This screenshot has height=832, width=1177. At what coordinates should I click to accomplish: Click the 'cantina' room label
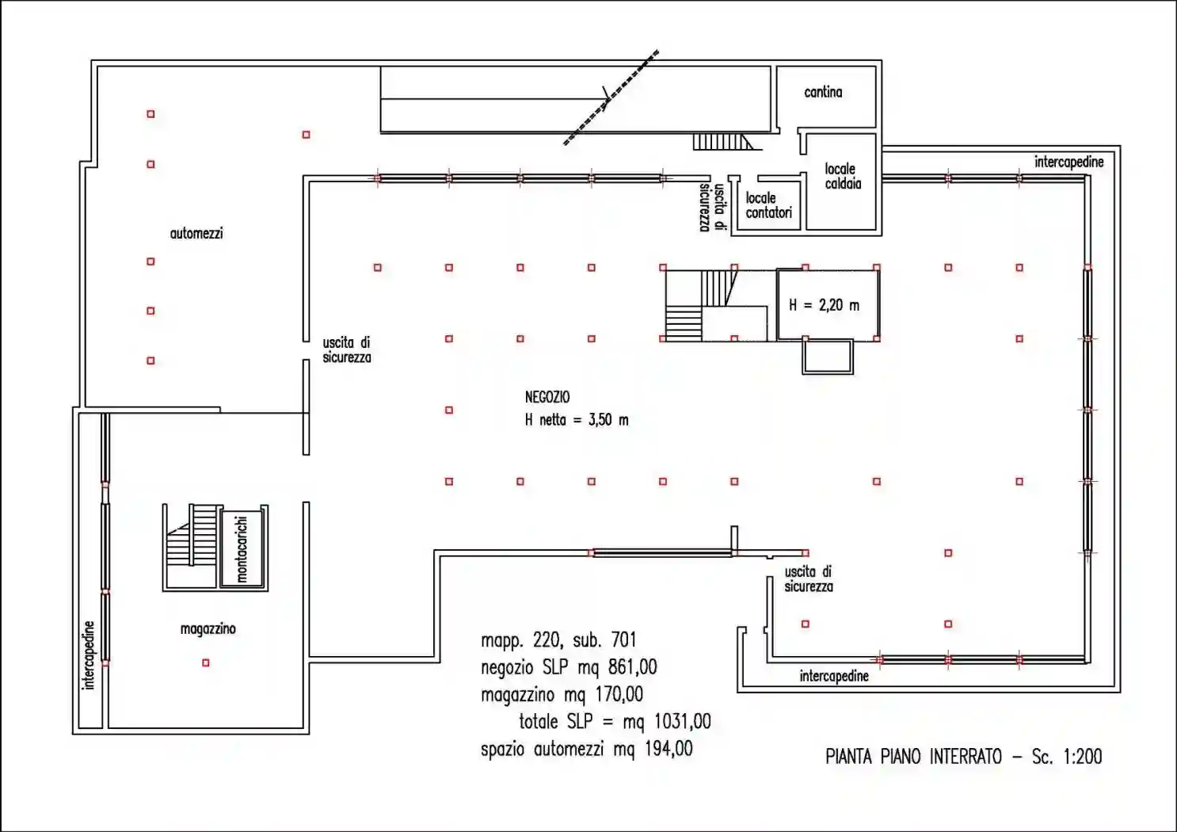(x=823, y=93)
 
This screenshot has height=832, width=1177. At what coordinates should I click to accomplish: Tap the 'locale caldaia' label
(x=842, y=176)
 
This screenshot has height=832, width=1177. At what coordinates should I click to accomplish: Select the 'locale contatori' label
(x=768, y=205)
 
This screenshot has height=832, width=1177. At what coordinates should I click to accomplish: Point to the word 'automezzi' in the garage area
(x=196, y=234)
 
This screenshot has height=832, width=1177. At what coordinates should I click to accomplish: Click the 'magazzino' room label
(x=208, y=629)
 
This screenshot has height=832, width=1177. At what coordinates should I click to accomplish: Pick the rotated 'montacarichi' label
(x=242, y=549)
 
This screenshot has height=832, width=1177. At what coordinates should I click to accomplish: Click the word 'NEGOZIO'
(x=547, y=397)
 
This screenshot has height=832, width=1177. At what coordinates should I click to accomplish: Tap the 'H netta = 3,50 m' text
(x=577, y=420)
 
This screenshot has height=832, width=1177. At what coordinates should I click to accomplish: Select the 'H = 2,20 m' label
(x=824, y=305)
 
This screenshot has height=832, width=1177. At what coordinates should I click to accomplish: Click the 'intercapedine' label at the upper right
(x=1068, y=162)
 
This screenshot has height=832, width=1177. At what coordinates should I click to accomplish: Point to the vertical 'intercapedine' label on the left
(x=88, y=655)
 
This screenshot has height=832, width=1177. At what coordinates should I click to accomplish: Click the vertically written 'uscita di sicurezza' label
(x=713, y=207)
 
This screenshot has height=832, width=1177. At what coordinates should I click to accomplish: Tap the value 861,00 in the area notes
(x=632, y=667)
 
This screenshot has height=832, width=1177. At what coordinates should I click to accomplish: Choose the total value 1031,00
(x=682, y=722)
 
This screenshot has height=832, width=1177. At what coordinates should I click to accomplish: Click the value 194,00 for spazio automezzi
(x=668, y=749)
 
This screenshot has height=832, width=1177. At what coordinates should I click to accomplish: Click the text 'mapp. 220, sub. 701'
(x=558, y=641)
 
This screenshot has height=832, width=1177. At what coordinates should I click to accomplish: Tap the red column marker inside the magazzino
(x=206, y=662)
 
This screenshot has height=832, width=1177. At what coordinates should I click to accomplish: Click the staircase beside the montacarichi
(x=192, y=547)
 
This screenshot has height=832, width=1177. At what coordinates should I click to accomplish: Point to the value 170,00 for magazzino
(x=619, y=695)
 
